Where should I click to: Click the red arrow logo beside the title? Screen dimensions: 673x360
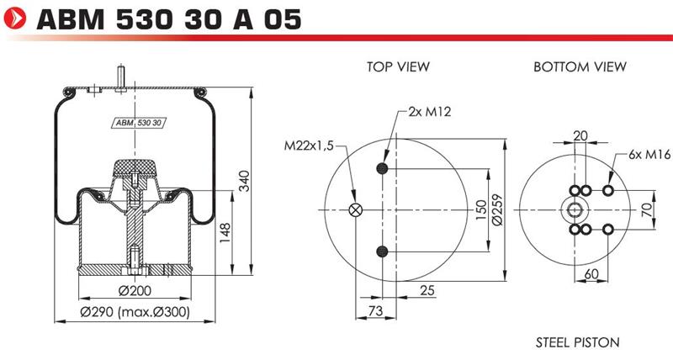coord(14,19)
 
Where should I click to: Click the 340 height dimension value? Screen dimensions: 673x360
coord(244,181)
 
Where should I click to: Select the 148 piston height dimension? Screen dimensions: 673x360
coord(225,232)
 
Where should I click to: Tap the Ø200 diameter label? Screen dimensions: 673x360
coord(135,290)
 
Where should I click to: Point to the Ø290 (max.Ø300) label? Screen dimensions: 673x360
coord(135,311)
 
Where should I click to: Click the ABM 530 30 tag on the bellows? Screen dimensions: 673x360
coord(139,123)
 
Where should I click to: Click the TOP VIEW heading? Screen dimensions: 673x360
coord(398,66)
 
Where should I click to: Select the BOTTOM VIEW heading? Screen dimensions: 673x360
coord(580,66)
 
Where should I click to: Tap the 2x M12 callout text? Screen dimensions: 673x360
coord(430,112)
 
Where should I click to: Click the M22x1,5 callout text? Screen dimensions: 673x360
coord(309,146)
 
